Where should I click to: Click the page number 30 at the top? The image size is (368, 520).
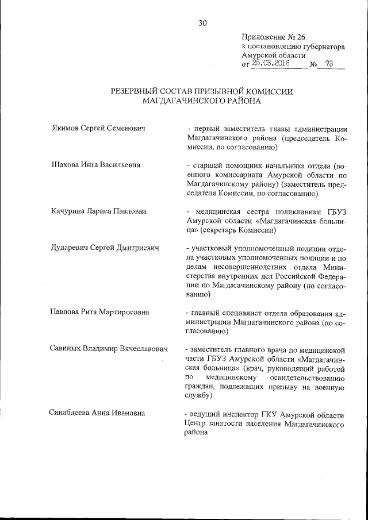tap(202, 23)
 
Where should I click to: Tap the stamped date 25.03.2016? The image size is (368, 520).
tap(271, 64)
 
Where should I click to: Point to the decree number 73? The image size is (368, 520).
tap(329, 64)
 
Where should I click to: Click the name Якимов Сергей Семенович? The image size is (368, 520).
tap(95, 128)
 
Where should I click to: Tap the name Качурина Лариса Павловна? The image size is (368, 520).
tap(98, 211)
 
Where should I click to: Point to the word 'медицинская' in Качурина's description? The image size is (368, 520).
tap(218, 211)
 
